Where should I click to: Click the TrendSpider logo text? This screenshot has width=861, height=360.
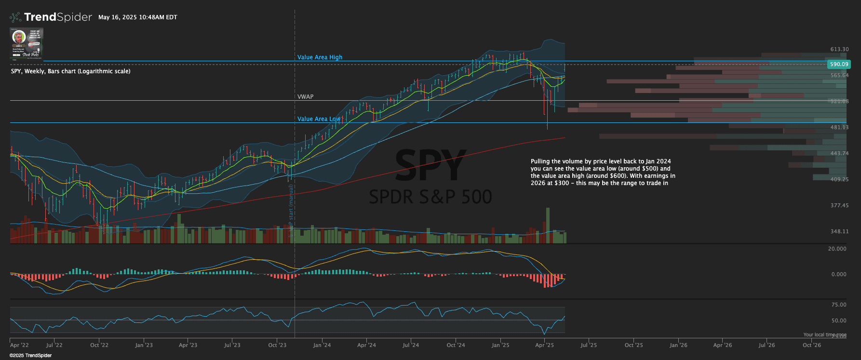[x=57, y=17]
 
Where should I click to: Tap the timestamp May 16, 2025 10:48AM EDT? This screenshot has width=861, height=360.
[x=138, y=17]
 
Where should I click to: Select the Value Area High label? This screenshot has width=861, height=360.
[x=320, y=57]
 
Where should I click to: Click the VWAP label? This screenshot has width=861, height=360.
[x=305, y=97]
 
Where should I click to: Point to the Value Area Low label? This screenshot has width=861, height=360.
[x=319, y=119]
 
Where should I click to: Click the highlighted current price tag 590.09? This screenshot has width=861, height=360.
[x=839, y=64]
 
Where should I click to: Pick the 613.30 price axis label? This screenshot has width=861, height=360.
[x=839, y=49]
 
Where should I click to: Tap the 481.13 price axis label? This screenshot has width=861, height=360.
[x=839, y=127]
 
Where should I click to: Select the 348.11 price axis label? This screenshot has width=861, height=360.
[x=839, y=231]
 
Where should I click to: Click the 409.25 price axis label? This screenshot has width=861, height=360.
[x=839, y=179]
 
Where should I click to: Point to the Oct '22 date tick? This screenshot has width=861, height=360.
[x=99, y=345]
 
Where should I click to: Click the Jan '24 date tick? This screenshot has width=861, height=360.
[x=322, y=345]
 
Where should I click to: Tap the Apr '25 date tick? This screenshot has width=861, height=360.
[x=545, y=345]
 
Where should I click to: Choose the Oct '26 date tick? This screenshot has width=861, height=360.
[x=812, y=345]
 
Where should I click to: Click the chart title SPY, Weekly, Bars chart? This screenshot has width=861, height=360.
[x=70, y=71]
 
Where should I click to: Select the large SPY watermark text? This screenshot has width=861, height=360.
[x=430, y=165]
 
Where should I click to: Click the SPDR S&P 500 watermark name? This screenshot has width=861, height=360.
[x=430, y=197]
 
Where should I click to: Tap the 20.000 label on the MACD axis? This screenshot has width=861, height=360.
[x=837, y=249]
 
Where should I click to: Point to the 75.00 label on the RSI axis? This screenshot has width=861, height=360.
[x=839, y=305]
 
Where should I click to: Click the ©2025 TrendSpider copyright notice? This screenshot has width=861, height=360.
[x=30, y=356]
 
